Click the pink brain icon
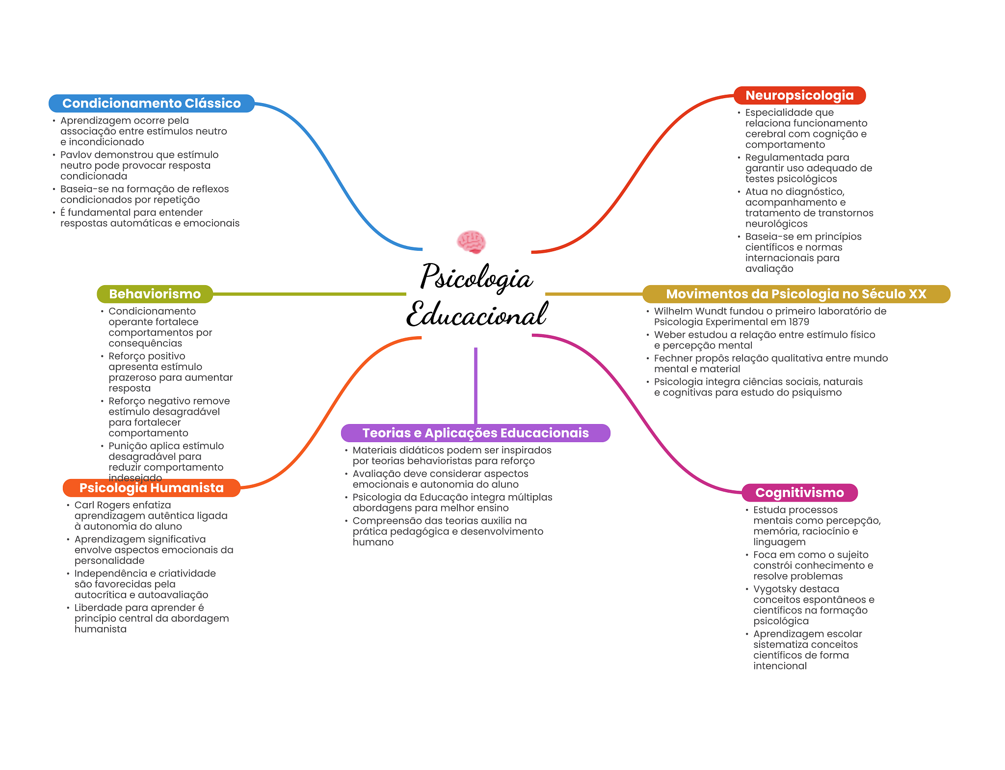pyautogui.click(x=471, y=241)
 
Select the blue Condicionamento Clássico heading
pyautogui.click(x=151, y=104)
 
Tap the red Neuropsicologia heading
pyautogui.click(x=799, y=96)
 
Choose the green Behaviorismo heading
pyautogui.click(x=155, y=294)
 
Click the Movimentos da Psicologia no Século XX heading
pyautogui.click(x=796, y=294)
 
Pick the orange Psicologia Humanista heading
pyautogui.click(x=151, y=488)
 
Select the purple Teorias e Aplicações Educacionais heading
pyautogui.click(x=476, y=433)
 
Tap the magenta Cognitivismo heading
pyautogui.click(x=799, y=493)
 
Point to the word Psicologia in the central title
pyautogui.click(x=476, y=278)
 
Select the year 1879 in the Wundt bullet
pyautogui.click(x=798, y=322)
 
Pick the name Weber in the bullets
pyautogui.click(x=669, y=335)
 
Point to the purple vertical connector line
pyautogui.click(x=476, y=385)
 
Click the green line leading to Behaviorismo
pyautogui.click(x=309, y=294)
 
